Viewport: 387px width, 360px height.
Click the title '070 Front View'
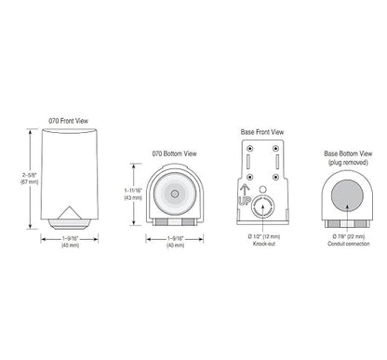[69, 121]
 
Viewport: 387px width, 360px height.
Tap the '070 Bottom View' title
[175, 153]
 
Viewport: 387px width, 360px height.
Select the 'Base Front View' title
[262, 132]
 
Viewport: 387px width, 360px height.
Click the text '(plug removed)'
[348, 162]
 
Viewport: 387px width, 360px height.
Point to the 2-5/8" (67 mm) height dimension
[30, 179]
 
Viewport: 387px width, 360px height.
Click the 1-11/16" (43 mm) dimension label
[133, 194]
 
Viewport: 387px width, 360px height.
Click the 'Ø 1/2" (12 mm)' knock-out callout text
[264, 236]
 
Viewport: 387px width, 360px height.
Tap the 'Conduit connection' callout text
[349, 244]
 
